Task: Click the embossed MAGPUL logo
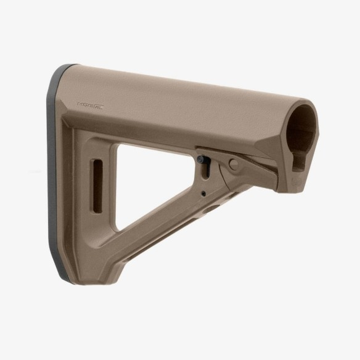click(x=91, y=105)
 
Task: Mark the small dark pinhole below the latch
click(x=203, y=193)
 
